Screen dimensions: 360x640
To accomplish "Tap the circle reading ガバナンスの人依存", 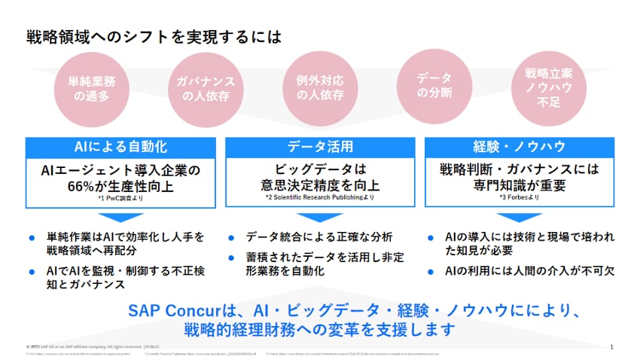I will coord(205,88).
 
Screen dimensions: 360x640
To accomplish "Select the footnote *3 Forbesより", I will coord(519,198).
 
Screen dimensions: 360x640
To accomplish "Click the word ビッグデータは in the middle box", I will coord(320,170).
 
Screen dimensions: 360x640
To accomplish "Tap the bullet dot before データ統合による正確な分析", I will coord(231,237).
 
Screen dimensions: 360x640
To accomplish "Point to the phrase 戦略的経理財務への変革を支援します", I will coord(320,329).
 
